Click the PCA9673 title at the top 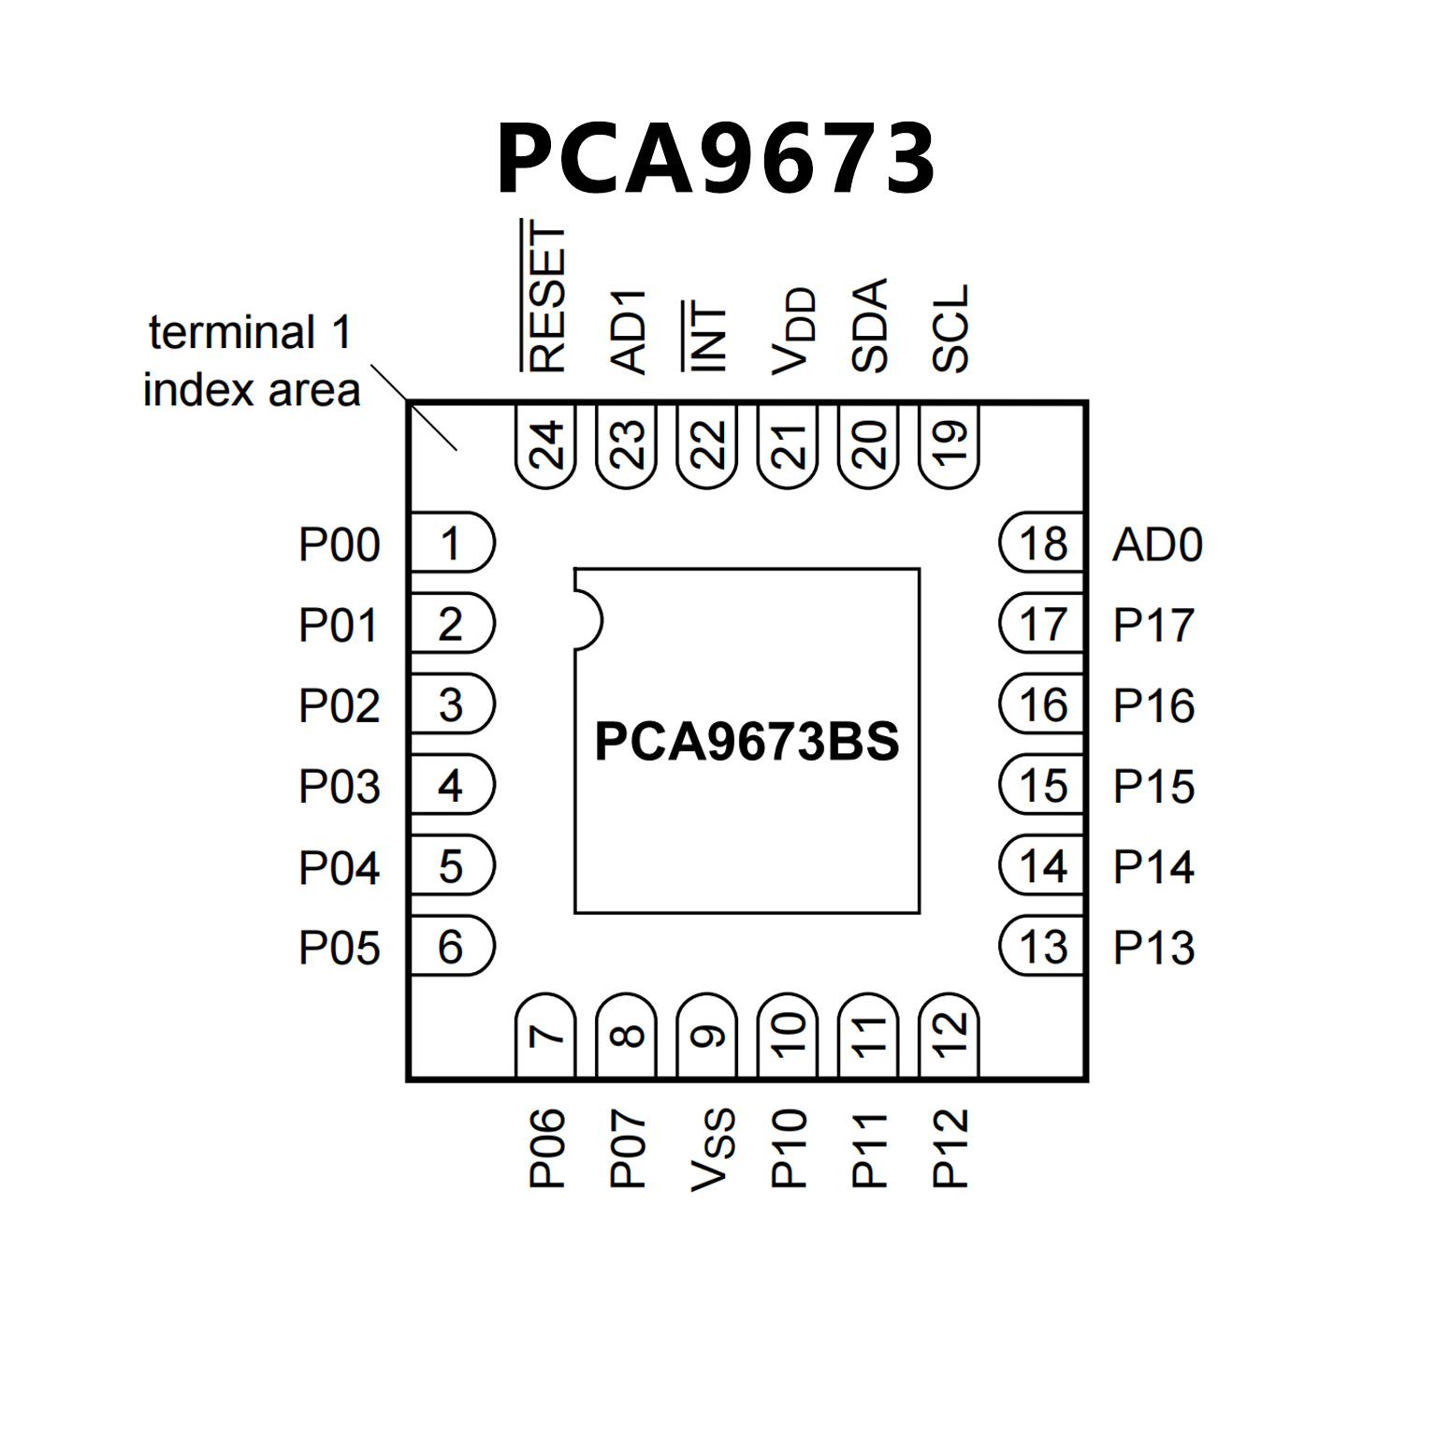(716, 159)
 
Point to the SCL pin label (950, 329)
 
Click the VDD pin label (792, 331)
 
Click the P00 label (339, 544)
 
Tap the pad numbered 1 (452, 543)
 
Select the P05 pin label (339, 948)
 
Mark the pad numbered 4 (452, 785)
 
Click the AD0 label (1157, 544)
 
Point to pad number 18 (1042, 543)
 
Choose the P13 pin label (1153, 948)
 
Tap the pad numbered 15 (1042, 785)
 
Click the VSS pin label (712, 1150)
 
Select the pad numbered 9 (707, 1036)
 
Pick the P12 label (950, 1149)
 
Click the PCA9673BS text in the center (747, 742)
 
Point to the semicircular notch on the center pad (587, 620)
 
